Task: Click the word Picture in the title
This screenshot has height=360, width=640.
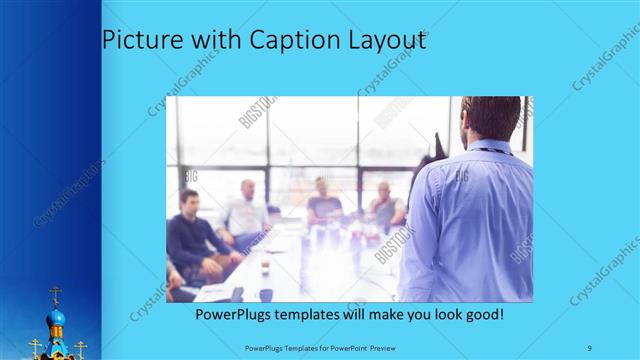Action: tap(136, 41)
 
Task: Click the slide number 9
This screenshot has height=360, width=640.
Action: tap(590, 346)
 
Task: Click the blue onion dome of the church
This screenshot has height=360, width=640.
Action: tap(56, 318)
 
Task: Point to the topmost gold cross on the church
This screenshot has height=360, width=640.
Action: tap(55, 293)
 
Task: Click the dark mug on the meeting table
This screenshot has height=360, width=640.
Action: tap(266, 294)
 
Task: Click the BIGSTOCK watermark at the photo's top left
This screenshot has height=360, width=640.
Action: tap(257, 112)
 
